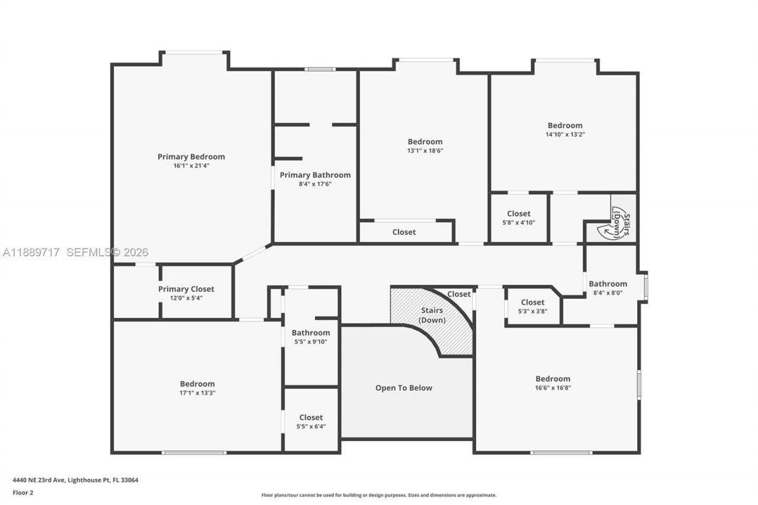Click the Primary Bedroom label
[191, 156]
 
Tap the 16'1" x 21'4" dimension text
[191, 166]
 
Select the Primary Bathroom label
[315, 175]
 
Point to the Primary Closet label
[186, 289]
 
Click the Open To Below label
[404, 388]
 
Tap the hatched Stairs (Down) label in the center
[432, 315]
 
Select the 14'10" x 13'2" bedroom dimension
[564, 134]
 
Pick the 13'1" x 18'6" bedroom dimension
[425, 150]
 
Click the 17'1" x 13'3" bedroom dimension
[197, 393]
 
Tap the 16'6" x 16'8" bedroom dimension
[553, 388]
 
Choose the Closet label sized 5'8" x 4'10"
[519, 214]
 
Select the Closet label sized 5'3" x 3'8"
[532, 303]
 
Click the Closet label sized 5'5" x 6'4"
[311, 417]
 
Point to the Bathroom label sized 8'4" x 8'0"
[608, 284]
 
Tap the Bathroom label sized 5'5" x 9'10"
[310, 333]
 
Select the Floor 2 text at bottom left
[23, 492]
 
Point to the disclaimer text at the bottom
[379, 495]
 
